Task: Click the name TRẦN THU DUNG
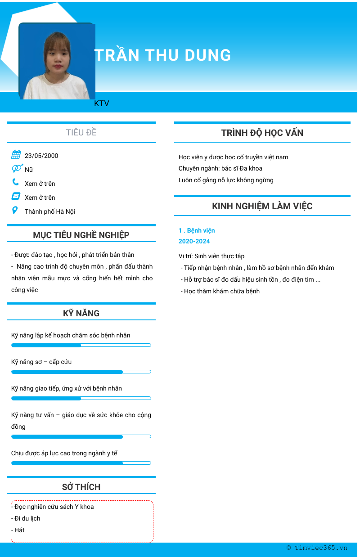coord(162,55)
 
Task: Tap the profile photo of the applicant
coord(57,62)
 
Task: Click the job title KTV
coord(102,103)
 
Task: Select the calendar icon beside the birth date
coord(16,155)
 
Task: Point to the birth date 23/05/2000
coord(41,156)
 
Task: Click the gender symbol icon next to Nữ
coord(17,168)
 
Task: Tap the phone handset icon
coord(16,182)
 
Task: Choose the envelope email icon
coord(16,196)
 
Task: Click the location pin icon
coord(15,210)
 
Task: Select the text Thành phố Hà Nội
coord(50,211)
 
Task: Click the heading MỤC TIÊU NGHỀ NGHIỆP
coord(81,235)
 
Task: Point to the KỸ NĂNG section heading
coord(81,313)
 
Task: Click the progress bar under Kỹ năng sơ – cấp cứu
coord(81,372)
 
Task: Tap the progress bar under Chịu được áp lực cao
coord(81,463)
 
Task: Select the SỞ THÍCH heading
coord(81,487)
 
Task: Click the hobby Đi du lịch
coord(27,518)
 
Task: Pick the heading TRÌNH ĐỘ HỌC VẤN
coord(262,133)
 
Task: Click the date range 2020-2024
coord(194,241)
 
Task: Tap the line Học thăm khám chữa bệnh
coord(221,291)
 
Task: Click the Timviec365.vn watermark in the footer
coord(317,548)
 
